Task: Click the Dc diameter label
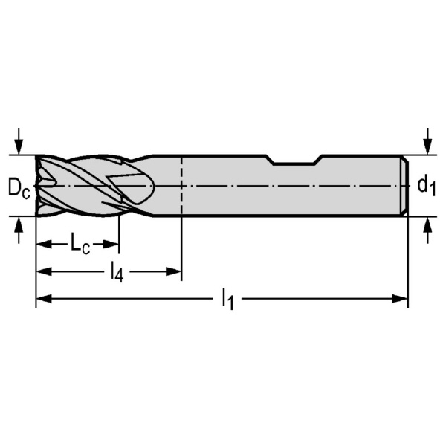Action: [19, 188]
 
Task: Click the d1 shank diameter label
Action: [426, 187]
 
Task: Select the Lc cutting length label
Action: [80, 244]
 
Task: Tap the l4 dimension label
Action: [117, 273]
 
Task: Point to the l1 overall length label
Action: [228, 299]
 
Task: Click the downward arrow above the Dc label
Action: [19, 141]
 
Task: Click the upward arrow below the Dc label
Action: [19, 230]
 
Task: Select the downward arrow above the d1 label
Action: [427, 141]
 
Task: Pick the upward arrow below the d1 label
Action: [427, 230]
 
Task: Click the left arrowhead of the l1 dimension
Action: [44, 299]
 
